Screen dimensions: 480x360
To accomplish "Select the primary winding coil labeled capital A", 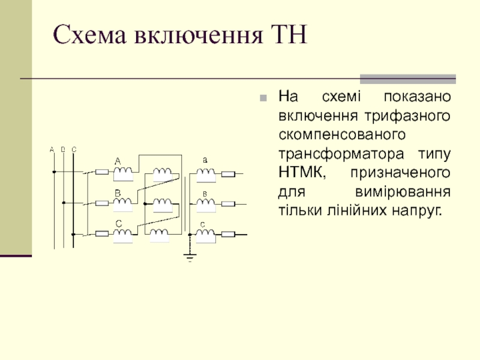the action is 124,174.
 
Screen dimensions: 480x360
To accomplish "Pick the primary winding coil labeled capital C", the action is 124,235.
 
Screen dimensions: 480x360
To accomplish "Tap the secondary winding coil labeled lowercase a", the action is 206,174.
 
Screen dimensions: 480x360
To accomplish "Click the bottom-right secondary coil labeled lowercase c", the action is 206,235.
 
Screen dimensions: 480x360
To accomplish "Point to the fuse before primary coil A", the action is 102,173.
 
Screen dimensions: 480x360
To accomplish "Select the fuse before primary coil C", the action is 102,234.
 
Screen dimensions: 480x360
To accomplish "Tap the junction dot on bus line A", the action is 53,172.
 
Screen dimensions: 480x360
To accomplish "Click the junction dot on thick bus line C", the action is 73,234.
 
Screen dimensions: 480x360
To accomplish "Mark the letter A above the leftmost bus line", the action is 52,149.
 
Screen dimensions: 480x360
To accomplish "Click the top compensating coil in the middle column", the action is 162,174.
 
